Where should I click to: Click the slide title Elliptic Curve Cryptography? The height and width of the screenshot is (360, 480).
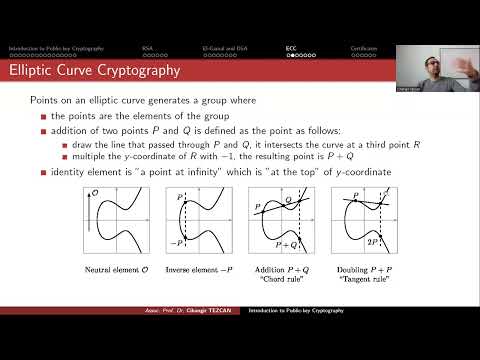click(x=94, y=71)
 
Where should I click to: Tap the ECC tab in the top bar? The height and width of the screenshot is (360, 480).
click(x=290, y=48)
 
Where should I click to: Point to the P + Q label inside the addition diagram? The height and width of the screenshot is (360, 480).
click(x=294, y=245)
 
